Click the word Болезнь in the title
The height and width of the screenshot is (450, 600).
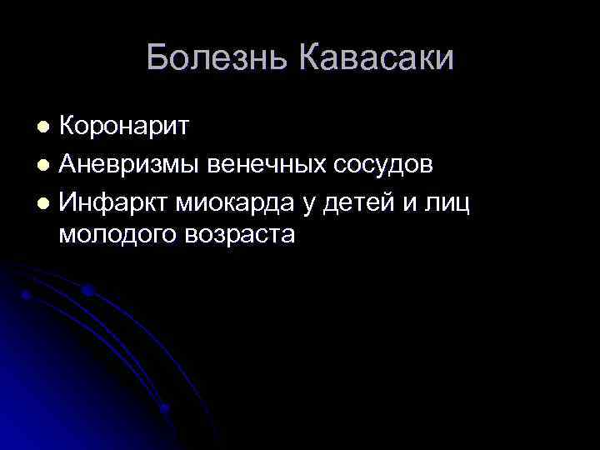click(217, 58)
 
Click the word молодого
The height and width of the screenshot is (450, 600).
click(117, 236)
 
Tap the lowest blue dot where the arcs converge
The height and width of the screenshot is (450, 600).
click(165, 408)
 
